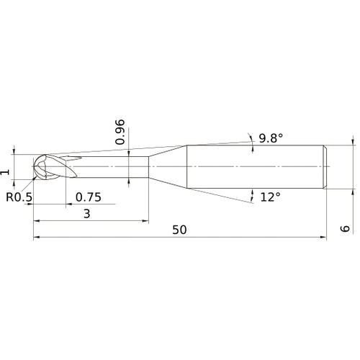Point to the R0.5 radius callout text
point(18,197)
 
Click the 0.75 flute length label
point(87,197)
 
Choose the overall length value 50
point(180,230)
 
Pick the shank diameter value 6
point(345,228)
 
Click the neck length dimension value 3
point(86,214)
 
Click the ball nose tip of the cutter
point(37,168)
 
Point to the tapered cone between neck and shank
point(168,168)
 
